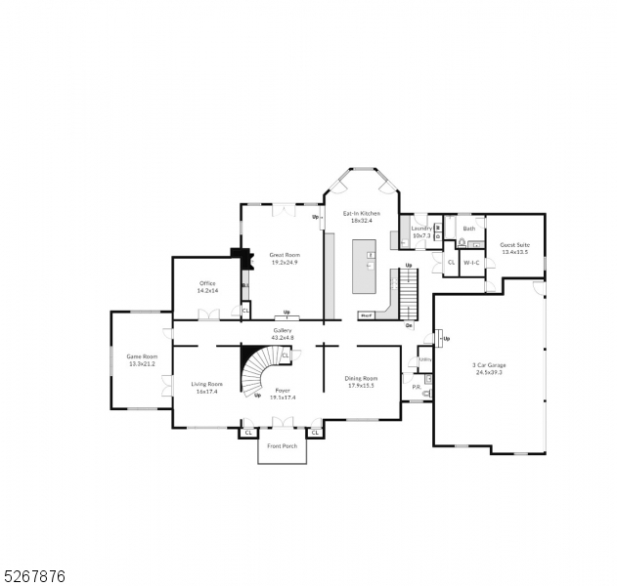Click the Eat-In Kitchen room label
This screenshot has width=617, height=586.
(361, 217)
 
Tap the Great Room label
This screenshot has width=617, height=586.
(285, 259)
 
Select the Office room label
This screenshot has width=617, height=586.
(206, 287)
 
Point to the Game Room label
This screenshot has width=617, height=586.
(142, 360)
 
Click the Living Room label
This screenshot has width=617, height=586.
(206, 388)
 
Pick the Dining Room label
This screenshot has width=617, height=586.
(361, 381)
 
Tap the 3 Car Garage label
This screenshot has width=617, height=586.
(490, 368)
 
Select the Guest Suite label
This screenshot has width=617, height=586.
(514, 248)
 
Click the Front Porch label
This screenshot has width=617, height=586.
(282, 446)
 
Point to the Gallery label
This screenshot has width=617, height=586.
(282, 334)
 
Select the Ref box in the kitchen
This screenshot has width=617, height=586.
(367, 315)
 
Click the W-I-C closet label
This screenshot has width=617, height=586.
(469, 263)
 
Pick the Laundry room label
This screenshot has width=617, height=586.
(421, 231)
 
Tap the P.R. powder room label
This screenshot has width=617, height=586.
(417, 387)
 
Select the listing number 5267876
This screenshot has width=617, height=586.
(33, 576)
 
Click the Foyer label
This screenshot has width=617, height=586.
(282, 393)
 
